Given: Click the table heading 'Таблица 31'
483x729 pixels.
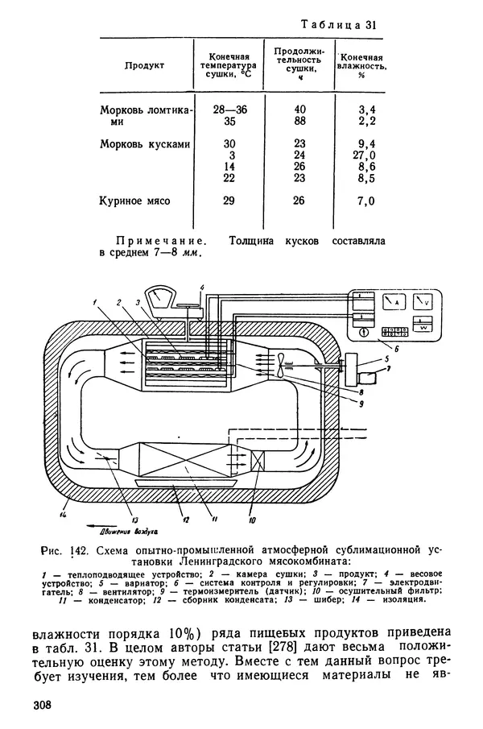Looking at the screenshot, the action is [x=338, y=25].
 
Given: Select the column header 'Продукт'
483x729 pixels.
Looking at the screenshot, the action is [x=144, y=65].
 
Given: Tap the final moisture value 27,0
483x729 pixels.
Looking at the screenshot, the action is [x=364, y=155].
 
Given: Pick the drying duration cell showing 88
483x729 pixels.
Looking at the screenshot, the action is [x=300, y=121].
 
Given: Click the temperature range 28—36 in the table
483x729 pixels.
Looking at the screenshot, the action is [x=230, y=110].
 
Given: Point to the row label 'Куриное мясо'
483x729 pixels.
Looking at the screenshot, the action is [x=134, y=201].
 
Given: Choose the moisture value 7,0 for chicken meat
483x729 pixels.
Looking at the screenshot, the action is [x=366, y=201].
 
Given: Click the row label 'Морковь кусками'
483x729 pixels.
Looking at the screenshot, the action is [x=145, y=144].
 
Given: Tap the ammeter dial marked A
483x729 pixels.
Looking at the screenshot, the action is [x=394, y=302].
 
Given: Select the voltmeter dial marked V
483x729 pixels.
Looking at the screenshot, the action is [x=423, y=302].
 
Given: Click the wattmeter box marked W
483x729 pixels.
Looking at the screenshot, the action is [x=423, y=324].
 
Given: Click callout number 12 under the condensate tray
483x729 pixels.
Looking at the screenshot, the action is [x=186, y=520].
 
